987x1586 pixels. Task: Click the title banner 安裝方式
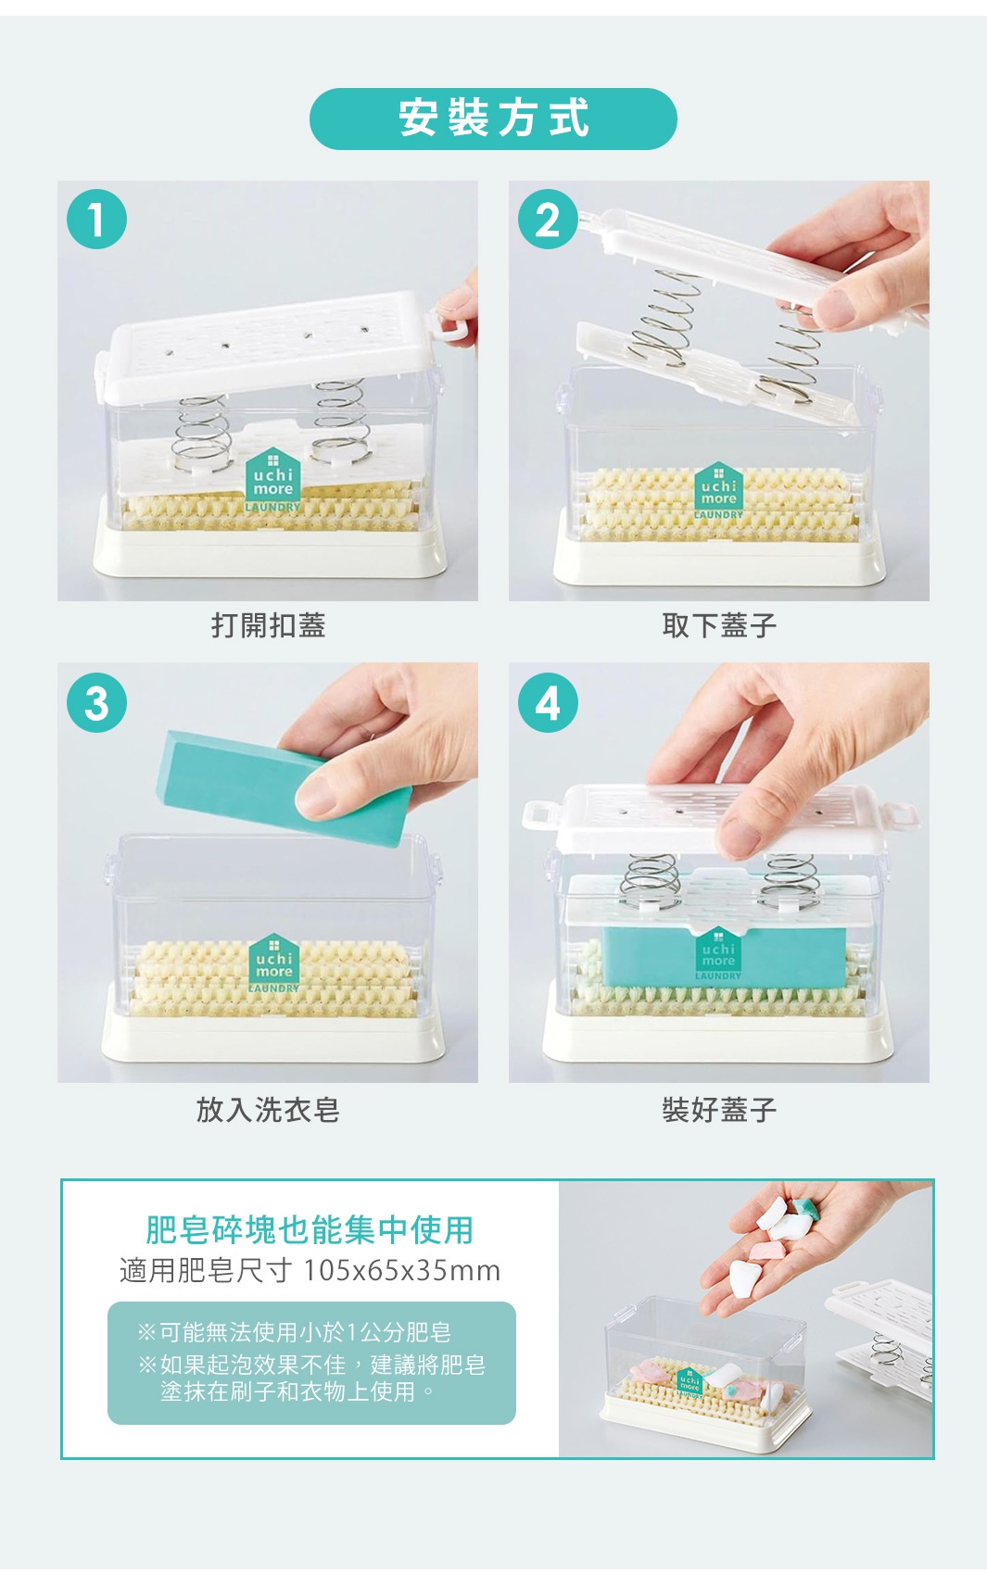point(493,119)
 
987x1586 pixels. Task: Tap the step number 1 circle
point(96,219)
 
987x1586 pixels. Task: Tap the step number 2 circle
point(548,220)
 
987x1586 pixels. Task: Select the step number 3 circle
point(96,702)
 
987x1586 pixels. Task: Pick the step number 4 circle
point(548,702)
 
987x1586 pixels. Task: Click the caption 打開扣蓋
point(268,625)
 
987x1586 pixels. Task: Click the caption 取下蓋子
point(719,625)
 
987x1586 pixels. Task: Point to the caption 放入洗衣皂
point(268,1109)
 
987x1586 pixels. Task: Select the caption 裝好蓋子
point(719,1109)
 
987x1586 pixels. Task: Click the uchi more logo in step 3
point(273,963)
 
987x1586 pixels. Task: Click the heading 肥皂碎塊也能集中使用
point(310,1229)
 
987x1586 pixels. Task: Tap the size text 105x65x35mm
point(401,1269)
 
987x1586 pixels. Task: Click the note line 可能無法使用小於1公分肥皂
point(295,1332)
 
